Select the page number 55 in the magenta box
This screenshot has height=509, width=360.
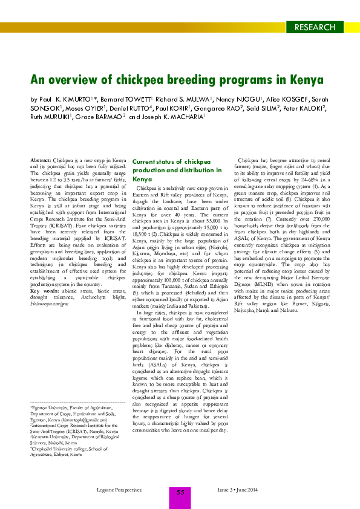(x=180, y=493)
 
